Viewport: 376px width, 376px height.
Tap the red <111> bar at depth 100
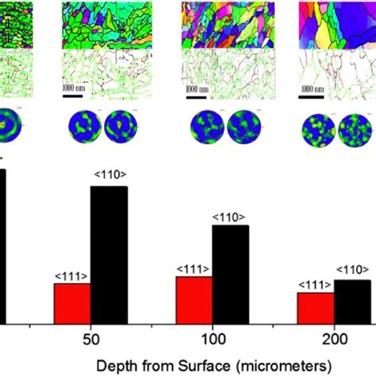[x=194, y=299]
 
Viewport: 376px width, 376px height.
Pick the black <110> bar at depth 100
[x=230, y=274]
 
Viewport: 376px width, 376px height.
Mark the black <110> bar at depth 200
[x=352, y=301]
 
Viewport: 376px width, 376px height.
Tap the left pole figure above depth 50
[x=80, y=127]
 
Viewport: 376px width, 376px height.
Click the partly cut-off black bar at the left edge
[x=2, y=246]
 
